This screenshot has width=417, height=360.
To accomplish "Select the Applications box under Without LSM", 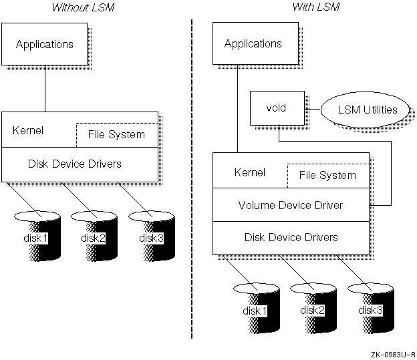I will click(45, 45).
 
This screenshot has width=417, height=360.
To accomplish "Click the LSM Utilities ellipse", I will click(367, 110).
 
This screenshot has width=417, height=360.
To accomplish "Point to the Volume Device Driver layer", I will click(290, 205).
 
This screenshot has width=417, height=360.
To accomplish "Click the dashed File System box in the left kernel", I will click(117, 134).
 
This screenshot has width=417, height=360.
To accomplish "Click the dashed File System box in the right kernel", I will click(327, 175).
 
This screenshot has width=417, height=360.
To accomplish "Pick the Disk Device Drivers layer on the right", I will click(290, 237).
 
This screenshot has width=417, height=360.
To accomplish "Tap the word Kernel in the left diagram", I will click(28, 130).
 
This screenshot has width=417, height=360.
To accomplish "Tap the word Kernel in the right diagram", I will click(249, 172).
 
